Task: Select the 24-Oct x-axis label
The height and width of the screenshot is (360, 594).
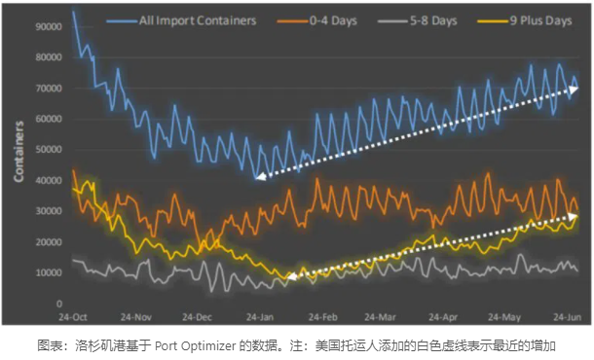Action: point(74,317)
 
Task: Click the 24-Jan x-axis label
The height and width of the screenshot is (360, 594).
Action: point(259,317)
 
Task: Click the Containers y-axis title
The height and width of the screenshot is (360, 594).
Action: point(19,151)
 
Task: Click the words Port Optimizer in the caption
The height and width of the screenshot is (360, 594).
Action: point(187,345)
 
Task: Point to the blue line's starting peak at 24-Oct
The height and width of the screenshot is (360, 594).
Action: point(74,13)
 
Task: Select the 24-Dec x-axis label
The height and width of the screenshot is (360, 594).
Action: point(198,317)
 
